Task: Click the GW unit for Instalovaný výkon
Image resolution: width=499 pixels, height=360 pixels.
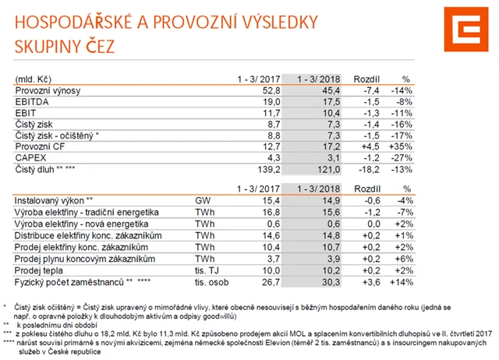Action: [x=203, y=200]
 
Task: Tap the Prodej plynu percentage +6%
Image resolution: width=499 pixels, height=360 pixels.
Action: [x=403, y=258]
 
